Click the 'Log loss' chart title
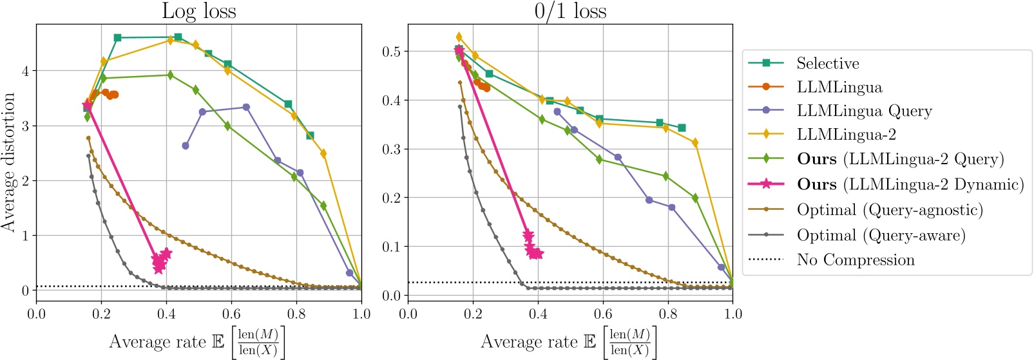pyautogui.click(x=198, y=11)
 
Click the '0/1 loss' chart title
pyautogui.click(x=570, y=11)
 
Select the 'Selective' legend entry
pyautogui.click(x=827, y=63)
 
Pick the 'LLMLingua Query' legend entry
pyautogui.click(x=864, y=111)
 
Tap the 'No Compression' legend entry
pyautogui.click(x=855, y=260)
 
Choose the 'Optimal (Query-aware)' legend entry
pyautogui.click(x=881, y=235)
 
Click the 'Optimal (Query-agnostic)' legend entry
pyautogui.click(x=890, y=210)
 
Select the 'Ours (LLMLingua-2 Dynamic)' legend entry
pyautogui.click(x=910, y=185)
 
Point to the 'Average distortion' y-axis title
pyautogui.click(x=8, y=162)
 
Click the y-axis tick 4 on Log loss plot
pyautogui.click(x=25, y=71)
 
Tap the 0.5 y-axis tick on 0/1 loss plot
pyautogui.click(x=391, y=52)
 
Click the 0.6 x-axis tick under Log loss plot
pyautogui.click(x=231, y=314)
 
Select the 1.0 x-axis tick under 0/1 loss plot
pyautogui.click(x=732, y=314)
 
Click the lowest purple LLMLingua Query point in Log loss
pyautogui.click(x=350, y=273)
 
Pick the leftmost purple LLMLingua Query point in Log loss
pyautogui.click(x=186, y=146)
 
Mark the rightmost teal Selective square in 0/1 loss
pyautogui.click(x=682, y=128)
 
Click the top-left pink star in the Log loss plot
pyautogui.click(x=88, y=106)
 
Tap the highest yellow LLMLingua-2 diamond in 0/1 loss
pyautogui.click(x=459, y=37)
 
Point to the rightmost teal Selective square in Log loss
pyautogui.click(x=310, y=136)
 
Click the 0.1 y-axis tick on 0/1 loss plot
pyautogui.click(x=391, y=247)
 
